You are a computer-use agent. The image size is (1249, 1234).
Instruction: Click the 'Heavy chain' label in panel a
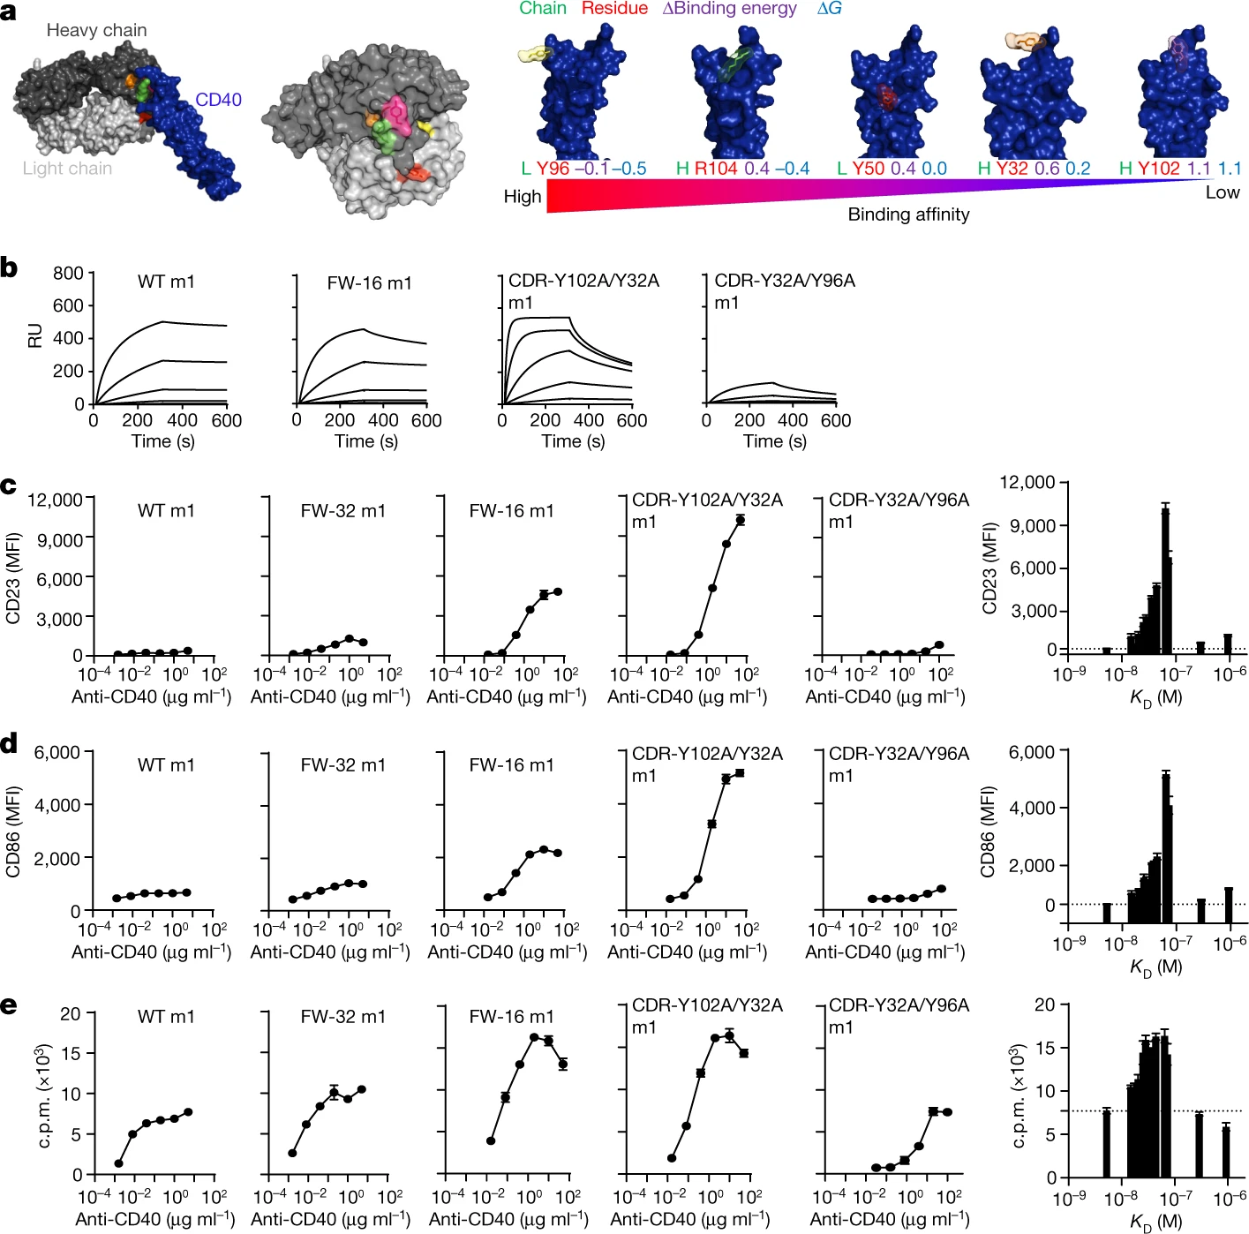96,30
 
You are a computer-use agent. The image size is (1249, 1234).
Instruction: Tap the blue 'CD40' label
218,100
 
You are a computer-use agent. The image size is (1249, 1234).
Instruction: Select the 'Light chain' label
67,169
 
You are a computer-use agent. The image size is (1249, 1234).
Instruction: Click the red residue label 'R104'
715,169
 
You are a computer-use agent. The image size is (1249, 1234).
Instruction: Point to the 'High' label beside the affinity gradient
522,197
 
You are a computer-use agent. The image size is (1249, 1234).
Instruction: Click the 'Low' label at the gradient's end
1223,192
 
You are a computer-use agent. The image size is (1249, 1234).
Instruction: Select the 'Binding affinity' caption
908,214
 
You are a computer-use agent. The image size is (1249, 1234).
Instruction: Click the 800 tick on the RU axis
68,273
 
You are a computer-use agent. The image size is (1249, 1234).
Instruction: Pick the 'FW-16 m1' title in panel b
369,283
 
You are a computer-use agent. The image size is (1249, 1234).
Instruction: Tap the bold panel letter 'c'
9,486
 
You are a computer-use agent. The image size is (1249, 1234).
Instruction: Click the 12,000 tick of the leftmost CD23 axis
55,500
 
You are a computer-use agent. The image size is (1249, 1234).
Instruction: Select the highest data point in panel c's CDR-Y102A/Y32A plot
741,520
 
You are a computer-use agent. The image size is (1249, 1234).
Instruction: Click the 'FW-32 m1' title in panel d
342,765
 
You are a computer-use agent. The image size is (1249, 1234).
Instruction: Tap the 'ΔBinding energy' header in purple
729,9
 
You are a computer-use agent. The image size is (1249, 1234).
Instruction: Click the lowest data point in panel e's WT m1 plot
118,1164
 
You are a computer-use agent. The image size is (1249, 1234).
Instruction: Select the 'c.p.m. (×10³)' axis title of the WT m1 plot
45,1095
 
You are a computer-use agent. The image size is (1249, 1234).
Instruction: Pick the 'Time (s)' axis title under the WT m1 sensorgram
163,441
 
